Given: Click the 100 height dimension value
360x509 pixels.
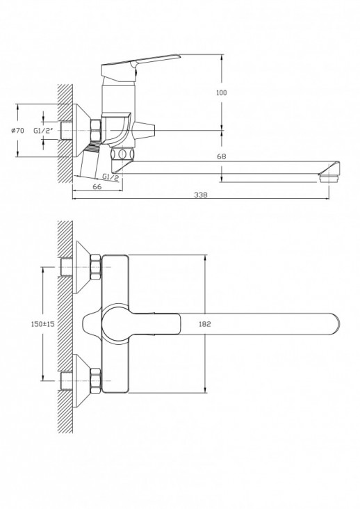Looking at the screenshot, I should click(221, 92).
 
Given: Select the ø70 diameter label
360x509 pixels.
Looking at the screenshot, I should click(18, 130).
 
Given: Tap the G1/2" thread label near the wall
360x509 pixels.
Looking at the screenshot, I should click(45, 130).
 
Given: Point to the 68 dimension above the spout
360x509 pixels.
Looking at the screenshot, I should click(221, 156).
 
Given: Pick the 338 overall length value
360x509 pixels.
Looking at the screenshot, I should click(202, 195).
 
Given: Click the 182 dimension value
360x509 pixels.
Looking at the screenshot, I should click(205, 324).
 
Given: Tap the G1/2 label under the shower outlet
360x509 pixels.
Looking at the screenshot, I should click(111, 177).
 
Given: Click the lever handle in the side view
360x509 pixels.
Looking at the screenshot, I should click(139, 63).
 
